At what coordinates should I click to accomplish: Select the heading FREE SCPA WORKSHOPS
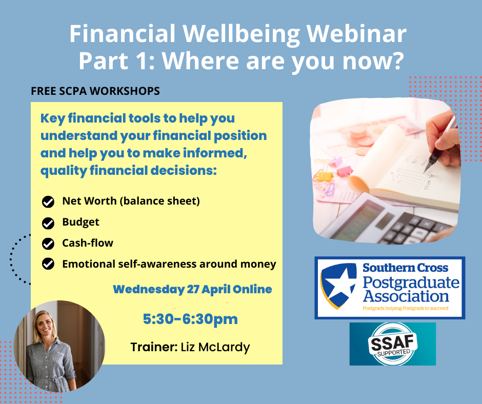pos(95,91)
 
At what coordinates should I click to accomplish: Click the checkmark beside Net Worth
pos(48,202)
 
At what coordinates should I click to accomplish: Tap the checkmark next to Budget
pos(48,223)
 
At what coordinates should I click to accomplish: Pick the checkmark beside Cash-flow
pos(48,244)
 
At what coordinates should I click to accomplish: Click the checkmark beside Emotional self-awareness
pos(48,264)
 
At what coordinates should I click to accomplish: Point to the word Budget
pos(81,223)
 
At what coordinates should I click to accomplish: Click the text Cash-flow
pos(88,243)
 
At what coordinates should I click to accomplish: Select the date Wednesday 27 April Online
pos(192,289)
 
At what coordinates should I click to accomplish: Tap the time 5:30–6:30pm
pos(190,319)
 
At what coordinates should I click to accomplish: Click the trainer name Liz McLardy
pos(215,348)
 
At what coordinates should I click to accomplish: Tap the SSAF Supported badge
pos(393,344)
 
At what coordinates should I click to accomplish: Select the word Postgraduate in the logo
pos(411,282)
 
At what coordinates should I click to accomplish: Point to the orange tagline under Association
pos(406,308)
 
